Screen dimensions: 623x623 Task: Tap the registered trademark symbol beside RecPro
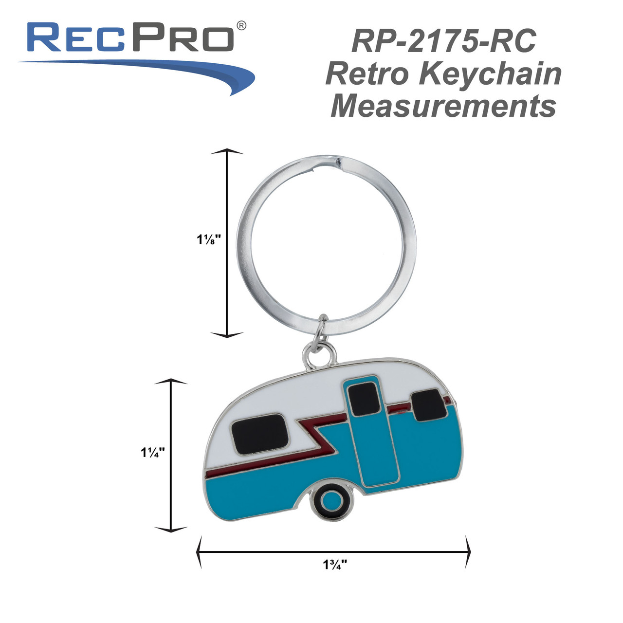coord(240,25)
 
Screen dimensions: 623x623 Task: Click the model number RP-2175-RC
coord(443,41)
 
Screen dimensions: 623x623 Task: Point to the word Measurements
coord(443,106)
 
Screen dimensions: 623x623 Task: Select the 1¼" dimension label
coord(153,452)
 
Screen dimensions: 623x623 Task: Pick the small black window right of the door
coord(430,404)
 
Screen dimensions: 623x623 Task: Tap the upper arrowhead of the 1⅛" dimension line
coord(227,152)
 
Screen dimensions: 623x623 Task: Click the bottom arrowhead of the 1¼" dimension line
coord(171,529)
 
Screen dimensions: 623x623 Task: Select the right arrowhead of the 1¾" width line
coord(468,552)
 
